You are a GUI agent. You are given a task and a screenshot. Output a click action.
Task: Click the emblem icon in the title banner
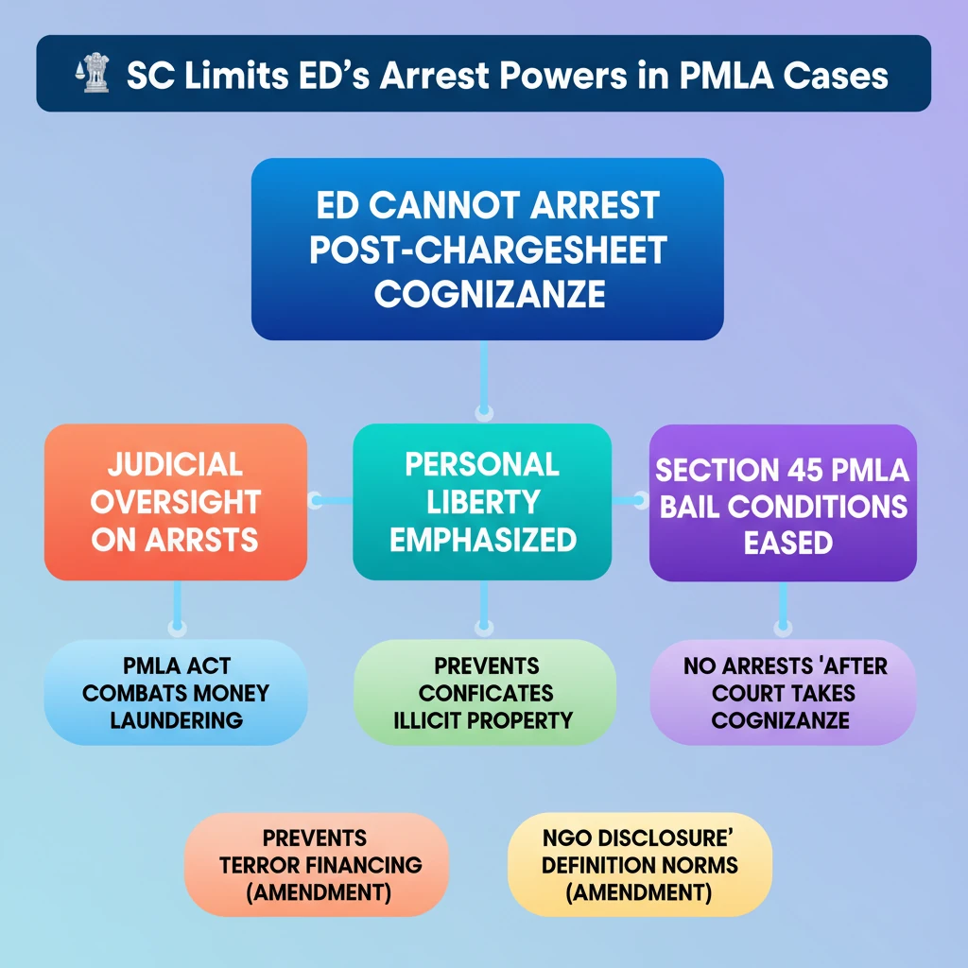coord(93,73)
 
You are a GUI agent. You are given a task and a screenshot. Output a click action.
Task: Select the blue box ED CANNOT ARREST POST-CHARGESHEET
coord(487,249)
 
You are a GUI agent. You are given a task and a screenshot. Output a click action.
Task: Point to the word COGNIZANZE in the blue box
coord(490,294)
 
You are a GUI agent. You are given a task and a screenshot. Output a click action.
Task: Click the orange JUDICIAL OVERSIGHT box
coord(175,502)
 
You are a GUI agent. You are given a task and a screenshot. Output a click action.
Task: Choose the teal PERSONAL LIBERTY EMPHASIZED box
coord(482,502)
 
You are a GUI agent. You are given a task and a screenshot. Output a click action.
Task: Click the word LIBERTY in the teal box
coord(483,502)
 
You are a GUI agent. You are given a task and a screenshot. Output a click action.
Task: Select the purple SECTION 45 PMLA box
coord(783,503)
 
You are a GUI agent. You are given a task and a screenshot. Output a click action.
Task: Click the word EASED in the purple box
coord(788,544)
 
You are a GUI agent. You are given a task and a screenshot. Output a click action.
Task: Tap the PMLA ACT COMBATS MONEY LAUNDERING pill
coord(176,692)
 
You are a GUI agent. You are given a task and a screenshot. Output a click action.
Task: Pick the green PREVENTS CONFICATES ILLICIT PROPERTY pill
coord(485,692)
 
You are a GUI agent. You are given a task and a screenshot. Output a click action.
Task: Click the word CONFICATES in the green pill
coord(486,693)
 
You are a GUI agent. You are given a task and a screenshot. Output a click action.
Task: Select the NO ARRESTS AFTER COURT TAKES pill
coord(783,692)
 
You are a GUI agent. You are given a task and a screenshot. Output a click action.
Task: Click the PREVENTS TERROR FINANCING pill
coord(316,864)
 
